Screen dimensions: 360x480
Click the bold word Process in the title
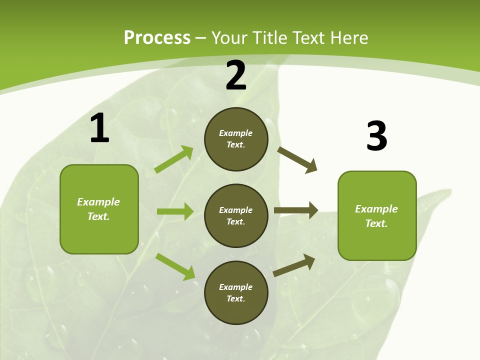click(x=157, y=37)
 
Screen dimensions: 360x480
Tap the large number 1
click(x=99, y=128)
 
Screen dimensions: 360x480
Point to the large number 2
click(x=236, y=75)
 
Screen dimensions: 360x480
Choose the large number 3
click(x=376, y=136)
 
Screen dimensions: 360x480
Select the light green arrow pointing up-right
click(x=174, y=159)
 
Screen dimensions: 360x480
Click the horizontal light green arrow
click(x=175, y=211)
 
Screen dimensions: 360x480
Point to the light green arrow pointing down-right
click(x=175, y=266)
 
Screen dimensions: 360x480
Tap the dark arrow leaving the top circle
click(x=297, y=160)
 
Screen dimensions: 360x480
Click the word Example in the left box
click(x=98, y=202)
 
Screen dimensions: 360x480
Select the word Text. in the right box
click(x=376, y=223)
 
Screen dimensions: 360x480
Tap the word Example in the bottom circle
click(x=236, y=287)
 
